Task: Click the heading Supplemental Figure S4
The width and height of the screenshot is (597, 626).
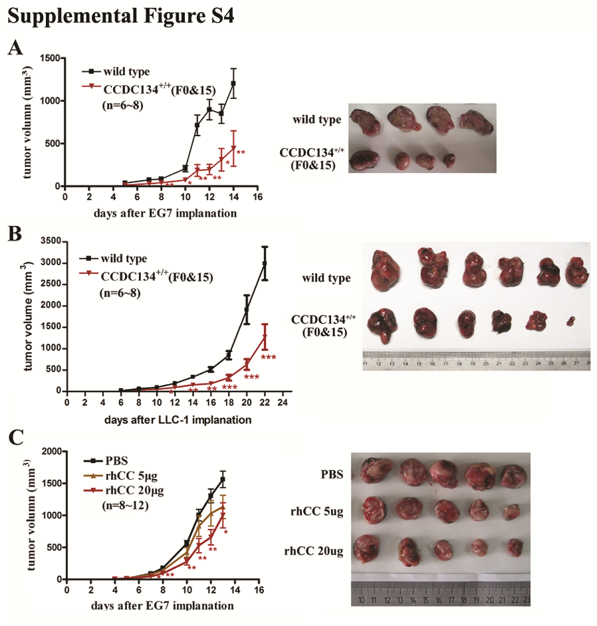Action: pyautogui.click(x=120, y=16)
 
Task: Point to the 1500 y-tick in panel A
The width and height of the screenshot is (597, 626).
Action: pyautogui.click(x=49, y=58)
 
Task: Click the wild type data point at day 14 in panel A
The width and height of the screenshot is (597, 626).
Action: pyautogui.click(x=233, y=84)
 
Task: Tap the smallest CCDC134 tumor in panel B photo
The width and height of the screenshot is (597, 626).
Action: pyautogui.click(x=570, y=322)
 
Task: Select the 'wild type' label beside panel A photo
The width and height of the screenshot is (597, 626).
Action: pyautogui.click(x=317, y=120)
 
